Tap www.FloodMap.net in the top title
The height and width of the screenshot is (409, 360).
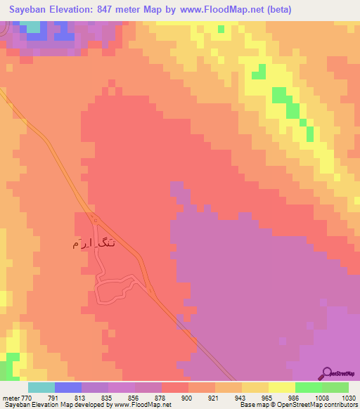[220, 10]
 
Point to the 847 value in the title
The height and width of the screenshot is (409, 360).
[114, 10]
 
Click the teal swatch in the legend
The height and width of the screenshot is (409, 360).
[41, 387]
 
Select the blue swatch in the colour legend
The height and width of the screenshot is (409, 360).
[68, 387]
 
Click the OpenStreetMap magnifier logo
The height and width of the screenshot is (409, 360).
[326, 373]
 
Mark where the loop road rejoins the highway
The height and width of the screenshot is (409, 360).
[150, 288]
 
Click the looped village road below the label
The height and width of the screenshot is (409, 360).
[112, 288]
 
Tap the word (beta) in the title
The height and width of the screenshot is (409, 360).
[274, 10]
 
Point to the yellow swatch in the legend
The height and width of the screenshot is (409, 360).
[281, 387]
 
